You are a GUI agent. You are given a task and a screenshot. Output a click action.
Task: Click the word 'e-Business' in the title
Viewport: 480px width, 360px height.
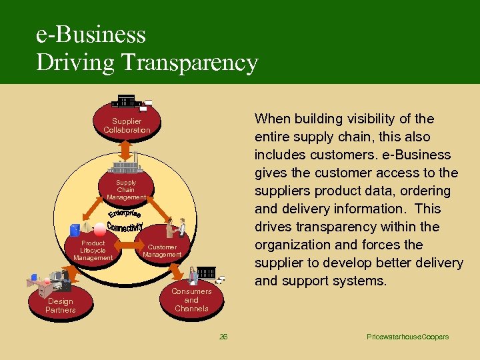[91, 35]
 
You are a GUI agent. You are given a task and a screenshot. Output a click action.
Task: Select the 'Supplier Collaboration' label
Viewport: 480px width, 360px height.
[127, 126]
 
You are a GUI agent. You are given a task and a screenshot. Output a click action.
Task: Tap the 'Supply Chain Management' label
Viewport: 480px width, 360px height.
[126, 190]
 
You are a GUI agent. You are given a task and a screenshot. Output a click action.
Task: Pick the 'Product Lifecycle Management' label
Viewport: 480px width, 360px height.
[93, 251]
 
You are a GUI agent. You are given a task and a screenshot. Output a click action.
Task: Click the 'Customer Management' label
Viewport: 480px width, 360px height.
[162, 251]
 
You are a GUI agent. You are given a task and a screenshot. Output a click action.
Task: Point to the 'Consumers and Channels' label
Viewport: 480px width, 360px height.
[191, 300]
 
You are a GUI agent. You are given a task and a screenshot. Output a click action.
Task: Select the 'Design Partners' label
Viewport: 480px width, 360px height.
[61, 306]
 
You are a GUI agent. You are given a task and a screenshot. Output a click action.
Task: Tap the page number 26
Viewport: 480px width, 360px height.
[223, 337]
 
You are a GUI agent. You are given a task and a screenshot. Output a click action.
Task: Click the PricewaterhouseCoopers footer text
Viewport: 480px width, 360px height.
[407, 337]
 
